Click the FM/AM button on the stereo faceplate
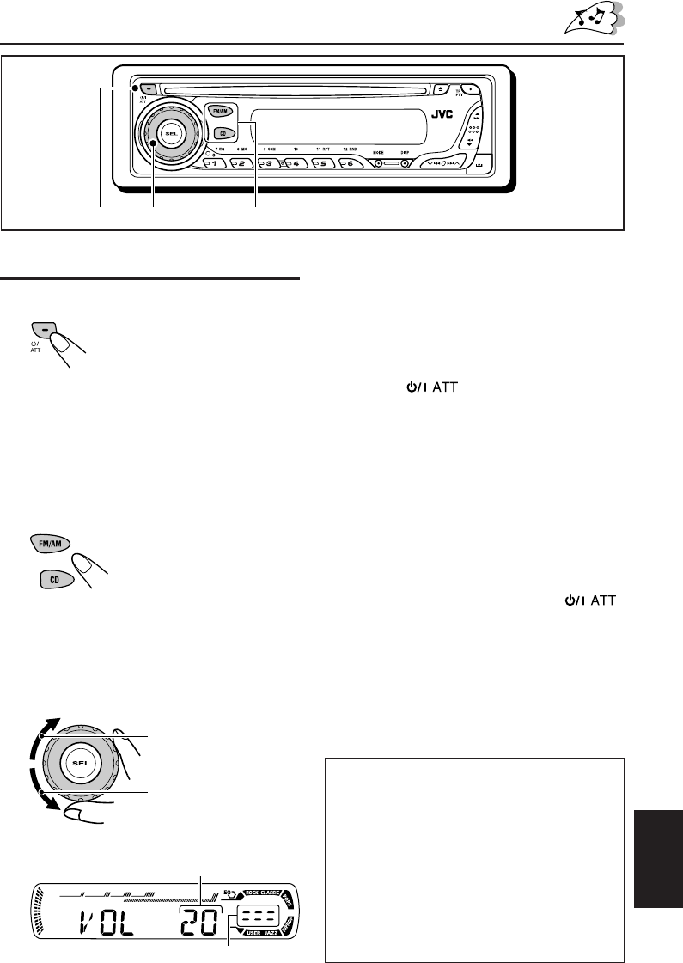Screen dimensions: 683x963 (216, 110)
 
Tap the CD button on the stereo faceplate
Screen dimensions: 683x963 (222, 133)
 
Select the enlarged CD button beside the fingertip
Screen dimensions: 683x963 (53, 582)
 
